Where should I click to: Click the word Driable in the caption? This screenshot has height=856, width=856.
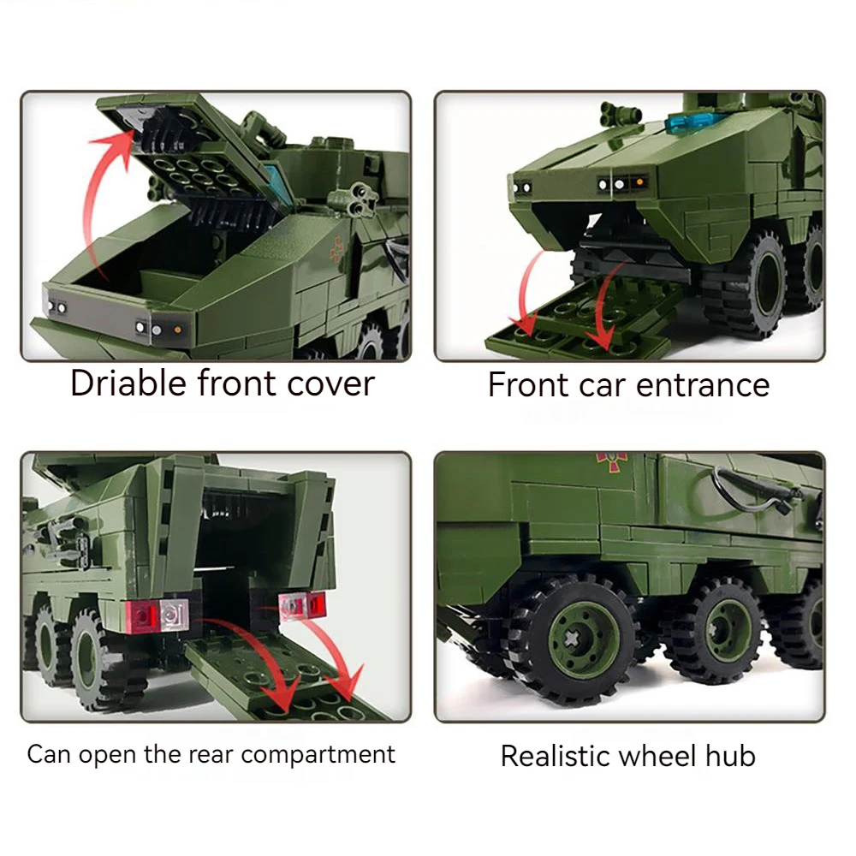click(129, 383)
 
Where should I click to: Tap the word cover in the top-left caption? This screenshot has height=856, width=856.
click(330, 383)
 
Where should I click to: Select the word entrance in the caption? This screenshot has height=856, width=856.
click(703, 385)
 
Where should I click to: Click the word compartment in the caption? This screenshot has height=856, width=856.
click(318, 756)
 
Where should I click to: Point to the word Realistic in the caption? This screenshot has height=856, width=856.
click(556, 756)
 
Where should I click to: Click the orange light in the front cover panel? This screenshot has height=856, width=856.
click(177, 330)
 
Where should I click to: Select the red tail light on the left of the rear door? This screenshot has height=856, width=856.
click(143, 616)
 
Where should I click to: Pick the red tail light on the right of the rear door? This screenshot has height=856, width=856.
click(316, 603)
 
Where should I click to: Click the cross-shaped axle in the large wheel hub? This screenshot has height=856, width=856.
click(571, 638)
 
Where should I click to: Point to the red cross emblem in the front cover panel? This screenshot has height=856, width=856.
click(336, 249)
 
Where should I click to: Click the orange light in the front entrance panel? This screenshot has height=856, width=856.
click(639, 181)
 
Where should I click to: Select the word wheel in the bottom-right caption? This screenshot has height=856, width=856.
click(657, 756)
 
